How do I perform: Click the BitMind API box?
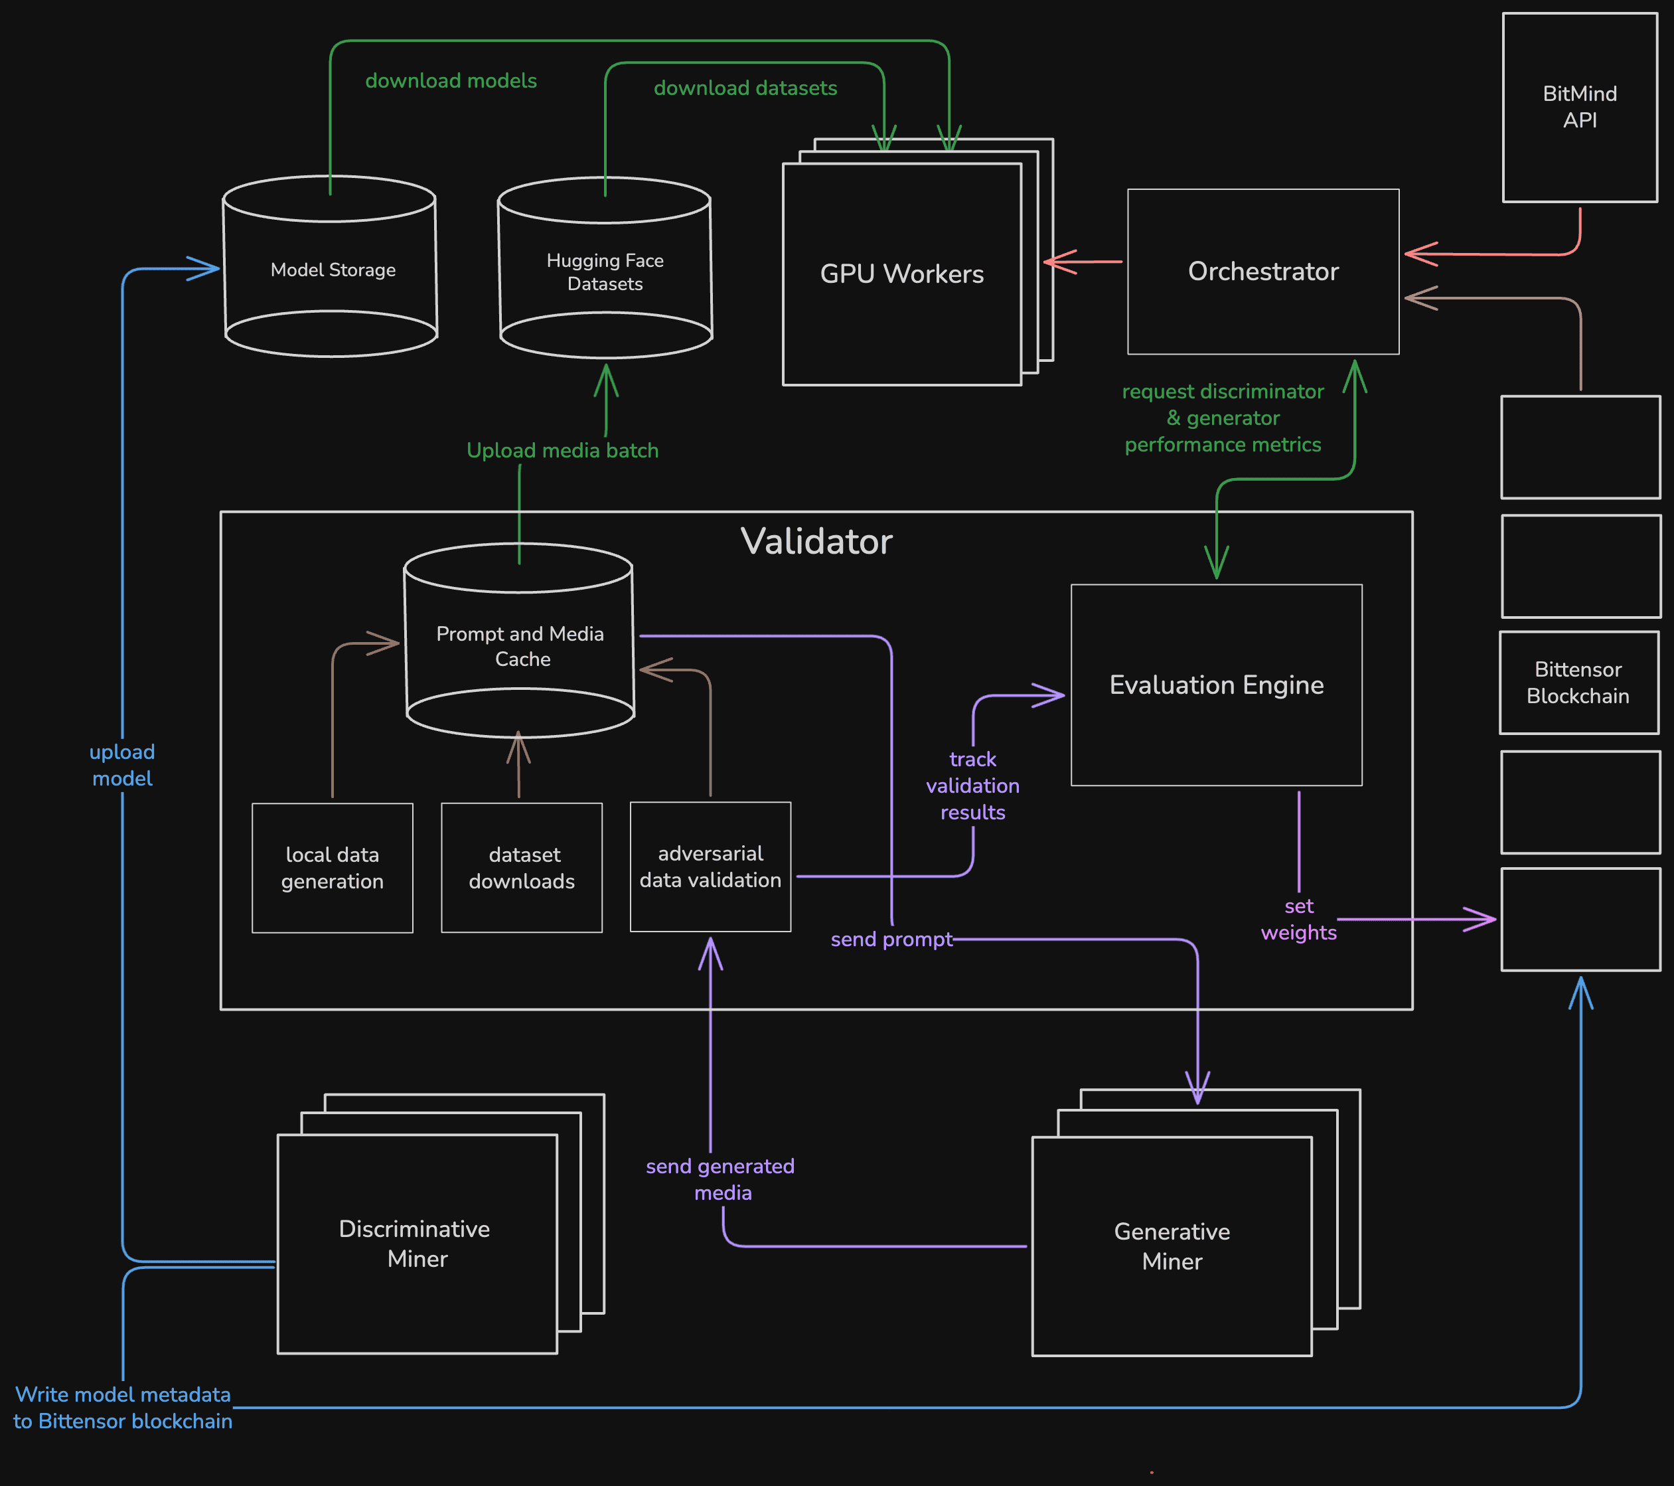pyautogui.click(x=1579, y=108)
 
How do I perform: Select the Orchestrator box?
pyautogui.click(x=1263, y=271)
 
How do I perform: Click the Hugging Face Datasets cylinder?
pyautogui.click(x=605, y=272)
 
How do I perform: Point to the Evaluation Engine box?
pyautogui.click(x=1216, y=685)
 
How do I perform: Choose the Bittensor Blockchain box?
pyautogui.click(x=1578, y=683)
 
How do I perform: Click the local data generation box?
pyautogui.click(x=332, y=868)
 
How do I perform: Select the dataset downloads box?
pyautogui.click(x=522, y=868)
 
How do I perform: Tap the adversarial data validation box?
pyautogui.click(x=710, y=867)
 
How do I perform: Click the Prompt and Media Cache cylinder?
pyautogui.click(x=520, y=645)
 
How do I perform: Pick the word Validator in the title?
pyautogui.click(x=816, y=542)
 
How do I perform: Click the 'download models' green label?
pyautogui.click(x=451, y=80)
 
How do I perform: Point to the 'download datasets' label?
pyautogui.click(x=745, y=88)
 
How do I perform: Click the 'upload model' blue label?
pyautogui.click(x=122, y=765)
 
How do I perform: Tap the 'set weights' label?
pyautogui.click(x=1298, y=919)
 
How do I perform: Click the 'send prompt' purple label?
pyautogui.click(x=891, y=939)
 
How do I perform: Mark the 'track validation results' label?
pyautogui.click(x=972, y=785)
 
